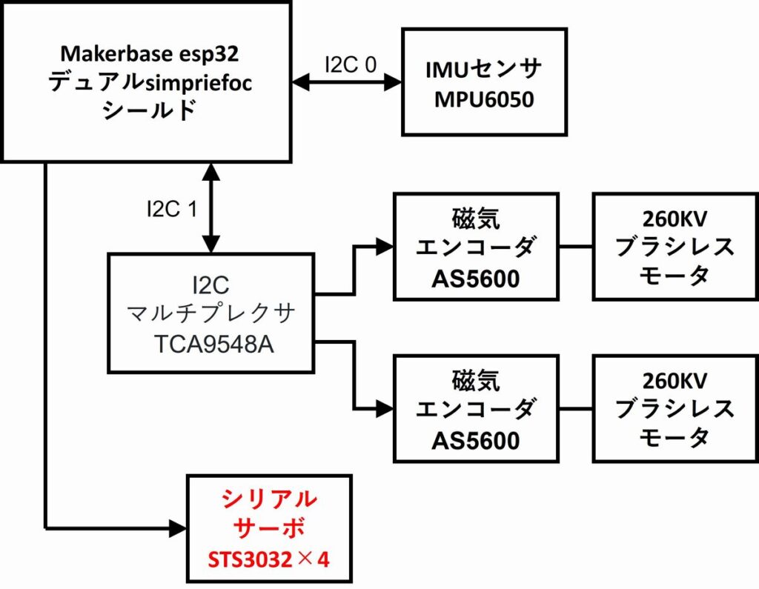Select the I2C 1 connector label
(171, 210)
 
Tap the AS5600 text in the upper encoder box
(475, 279)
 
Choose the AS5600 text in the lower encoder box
(475, 440)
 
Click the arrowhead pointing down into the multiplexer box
(212, 244)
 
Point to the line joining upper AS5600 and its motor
(576, 246)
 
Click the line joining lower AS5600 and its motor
(576, 407)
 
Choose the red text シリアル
(269, 499)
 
